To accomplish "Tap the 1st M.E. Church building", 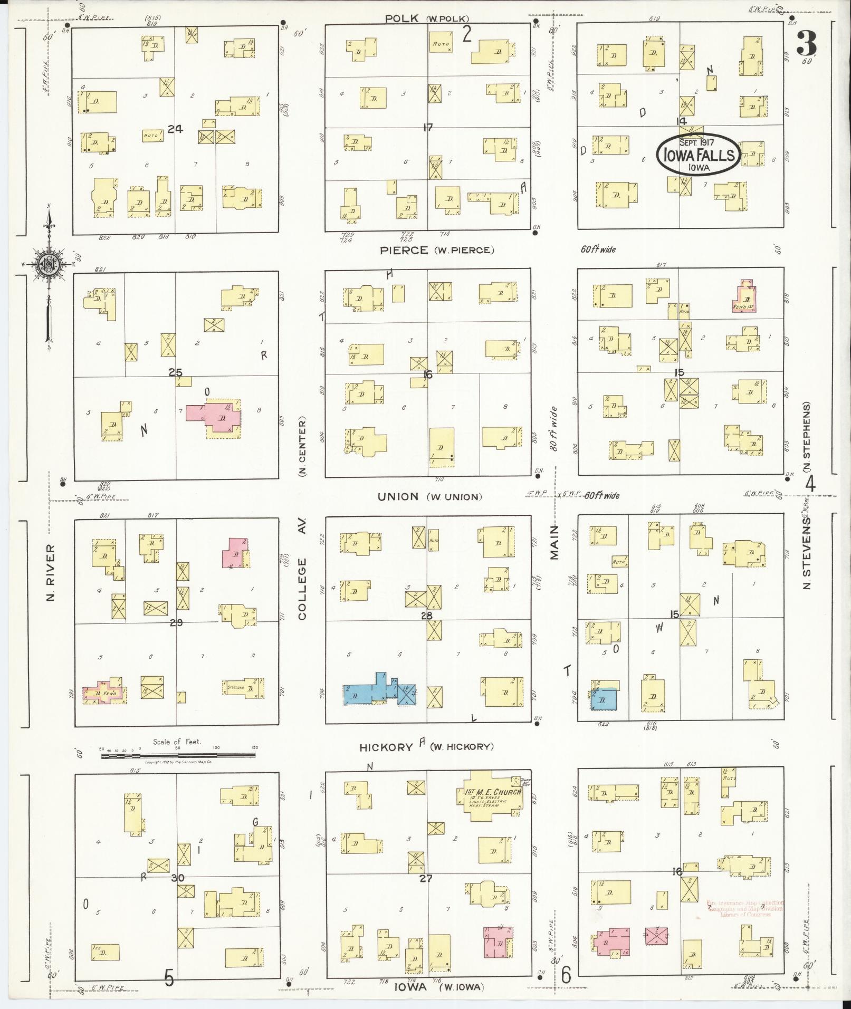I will point(493,802).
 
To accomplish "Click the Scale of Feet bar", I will point(178,755).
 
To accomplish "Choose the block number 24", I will point(175,129).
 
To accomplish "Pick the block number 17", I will point(427,127).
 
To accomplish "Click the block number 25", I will point(175,373).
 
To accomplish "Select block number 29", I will point(176,623).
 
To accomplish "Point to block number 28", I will point(427,616).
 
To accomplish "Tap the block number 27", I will point(426,878).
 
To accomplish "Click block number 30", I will point(178,878).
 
